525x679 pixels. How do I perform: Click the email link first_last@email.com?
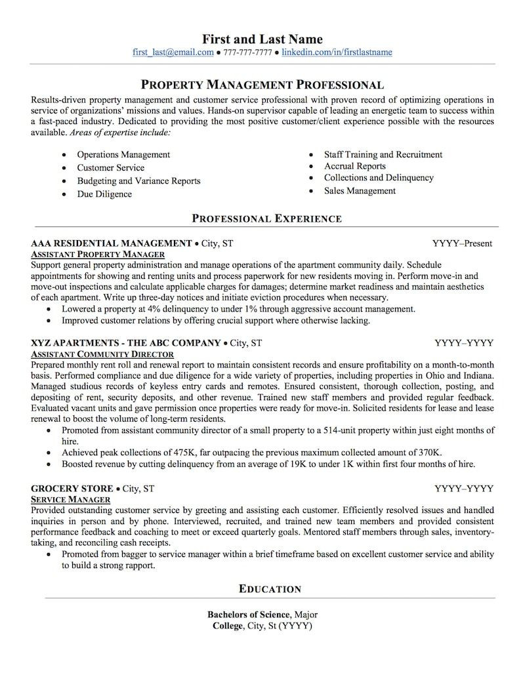(x=173, y=52)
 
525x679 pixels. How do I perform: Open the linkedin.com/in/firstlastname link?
(x=337, y=52)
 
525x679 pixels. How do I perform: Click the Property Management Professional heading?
(x=262, y=85)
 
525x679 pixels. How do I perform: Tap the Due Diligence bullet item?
(x=104, y=194)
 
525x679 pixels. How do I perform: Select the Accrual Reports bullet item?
(x=354, y=167)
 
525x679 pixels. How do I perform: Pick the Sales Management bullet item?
(x=360, y=191)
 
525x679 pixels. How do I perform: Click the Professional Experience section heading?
(x=266, y=218)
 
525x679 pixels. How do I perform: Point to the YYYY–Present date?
(x=463, y=243)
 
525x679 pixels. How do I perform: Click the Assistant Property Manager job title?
(x=98, y=254)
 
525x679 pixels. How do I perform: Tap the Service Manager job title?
(x=70, y=499)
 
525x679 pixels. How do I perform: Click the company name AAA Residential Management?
(x=111, y=243)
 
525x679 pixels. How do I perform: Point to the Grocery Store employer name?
(x=72, y=489)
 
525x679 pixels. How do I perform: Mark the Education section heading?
(x=270, y=588)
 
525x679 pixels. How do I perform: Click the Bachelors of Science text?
(x=248, y=615)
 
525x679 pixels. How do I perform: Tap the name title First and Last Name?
(x=262, y=39)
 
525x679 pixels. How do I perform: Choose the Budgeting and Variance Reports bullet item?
(x=138, y=181)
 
